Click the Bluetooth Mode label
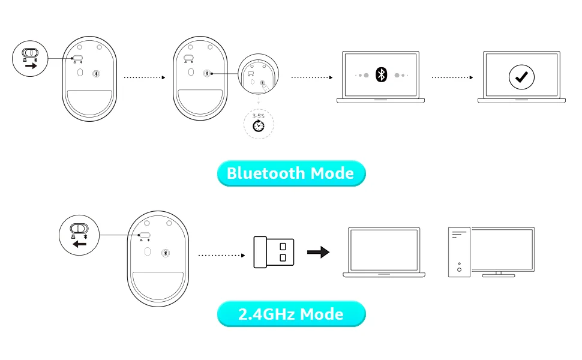[291, 173]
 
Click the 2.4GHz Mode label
[291, 314]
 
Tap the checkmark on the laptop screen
[521, 77]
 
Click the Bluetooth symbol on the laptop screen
[381, 74]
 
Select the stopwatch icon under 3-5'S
[259, 126]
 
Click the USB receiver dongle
[274, 252]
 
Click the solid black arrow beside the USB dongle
[318, 252]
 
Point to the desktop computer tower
[459, 252]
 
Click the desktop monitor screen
[503, 250]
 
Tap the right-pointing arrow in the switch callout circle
[31, 65]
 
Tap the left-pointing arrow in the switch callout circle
[79, 244]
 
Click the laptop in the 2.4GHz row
[384, 252]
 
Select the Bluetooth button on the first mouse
[96, 73]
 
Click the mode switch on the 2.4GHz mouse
[145, 235]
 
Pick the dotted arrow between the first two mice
[145, 77]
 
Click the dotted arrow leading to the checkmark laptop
[452, 77]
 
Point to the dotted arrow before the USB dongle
[221, 256]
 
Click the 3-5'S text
[259, 116]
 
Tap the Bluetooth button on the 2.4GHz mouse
[166, 253]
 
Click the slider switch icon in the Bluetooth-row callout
[30, 53]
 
